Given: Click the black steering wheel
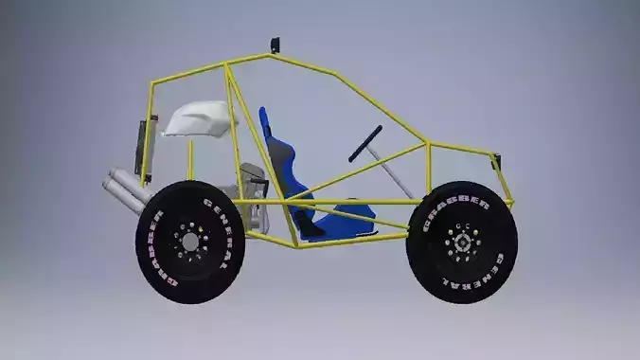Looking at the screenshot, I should point(365,143).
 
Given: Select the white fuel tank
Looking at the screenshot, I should point(201,118).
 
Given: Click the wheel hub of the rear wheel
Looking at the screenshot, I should point(190,243).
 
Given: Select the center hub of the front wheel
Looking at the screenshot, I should point(463,243).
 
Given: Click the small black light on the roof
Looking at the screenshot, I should point(275,45).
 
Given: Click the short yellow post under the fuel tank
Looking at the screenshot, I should point(190,159).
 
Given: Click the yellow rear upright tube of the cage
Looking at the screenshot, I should point(148,123).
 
